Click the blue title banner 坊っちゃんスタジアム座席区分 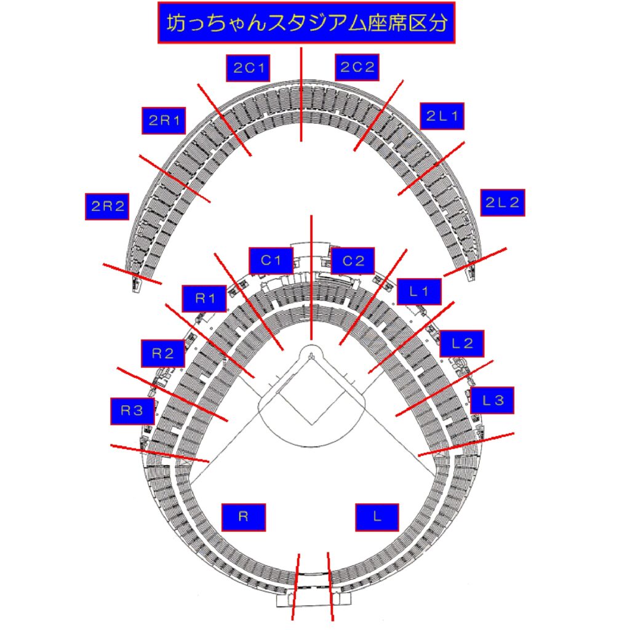coord(306,23)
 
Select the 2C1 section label coord(248,68)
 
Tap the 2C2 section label coord(357,67)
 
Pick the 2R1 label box coord(164,121)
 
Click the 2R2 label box coord(107,207)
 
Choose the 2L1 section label coord(442,116)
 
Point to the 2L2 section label coord(503,202)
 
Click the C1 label coord(271,261)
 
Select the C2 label coord(353,261)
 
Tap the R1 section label coord(204,298)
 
